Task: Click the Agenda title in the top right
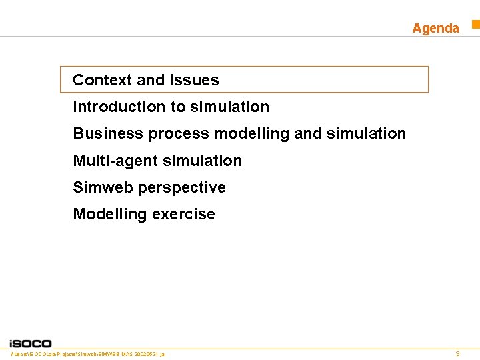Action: (435, 28)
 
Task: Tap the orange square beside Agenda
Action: (476, 25)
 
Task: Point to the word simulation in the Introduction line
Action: (229, 107)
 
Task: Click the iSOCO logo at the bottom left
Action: (31, 343)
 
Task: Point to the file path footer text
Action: (88, 353)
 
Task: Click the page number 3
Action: (457, 353)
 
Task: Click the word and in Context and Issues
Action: (150, 80)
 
